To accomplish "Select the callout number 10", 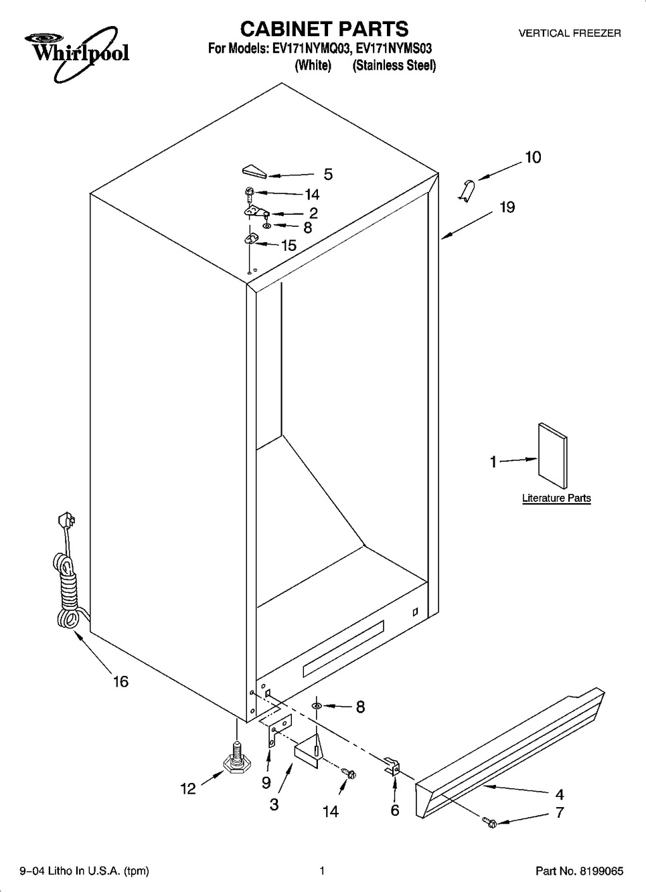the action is (x=534, y=157).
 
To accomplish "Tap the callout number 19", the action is (x=507, y=207).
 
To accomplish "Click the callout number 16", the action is (x=120, y=682).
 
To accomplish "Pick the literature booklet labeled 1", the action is (x=553, y=456).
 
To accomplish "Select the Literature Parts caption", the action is (x=556, y=498).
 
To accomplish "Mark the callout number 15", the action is (x=289, y=246).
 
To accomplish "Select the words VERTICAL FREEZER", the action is (x=570, y=33).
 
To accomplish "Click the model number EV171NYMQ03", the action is (x=311, y=49).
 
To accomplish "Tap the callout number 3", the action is (x=274, y=804).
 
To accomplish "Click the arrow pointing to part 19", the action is (x=467, y=226).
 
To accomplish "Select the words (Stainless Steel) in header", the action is (x=394, y=66).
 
